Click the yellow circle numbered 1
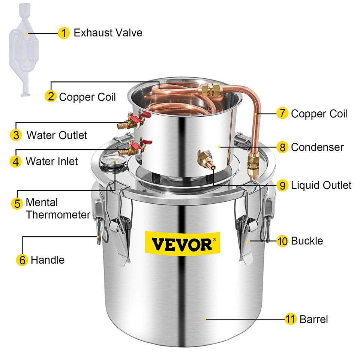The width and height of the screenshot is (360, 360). click(x=64, y=33)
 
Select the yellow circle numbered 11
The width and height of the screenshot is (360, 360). click(x=289, y=319)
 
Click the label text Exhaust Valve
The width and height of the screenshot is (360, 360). click(x=108, y=33)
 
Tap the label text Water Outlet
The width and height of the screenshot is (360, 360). click(x=57, y=135)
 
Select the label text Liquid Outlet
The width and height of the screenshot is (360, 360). click(x=321, y=185)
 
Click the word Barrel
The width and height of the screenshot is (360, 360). click(x=313, y=319)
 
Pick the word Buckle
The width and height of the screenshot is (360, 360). click(x=307, y=240)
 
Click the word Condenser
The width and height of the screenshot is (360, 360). click(x=317, y=147)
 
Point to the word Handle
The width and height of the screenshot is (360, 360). click(x=48, y=259)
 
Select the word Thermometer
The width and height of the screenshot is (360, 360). click(x=58, y=215)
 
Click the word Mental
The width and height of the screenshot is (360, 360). click(x=42, y=203)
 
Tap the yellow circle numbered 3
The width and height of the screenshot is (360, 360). click(x=16, y=135)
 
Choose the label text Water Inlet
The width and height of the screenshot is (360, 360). click(x=52, y=162)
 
